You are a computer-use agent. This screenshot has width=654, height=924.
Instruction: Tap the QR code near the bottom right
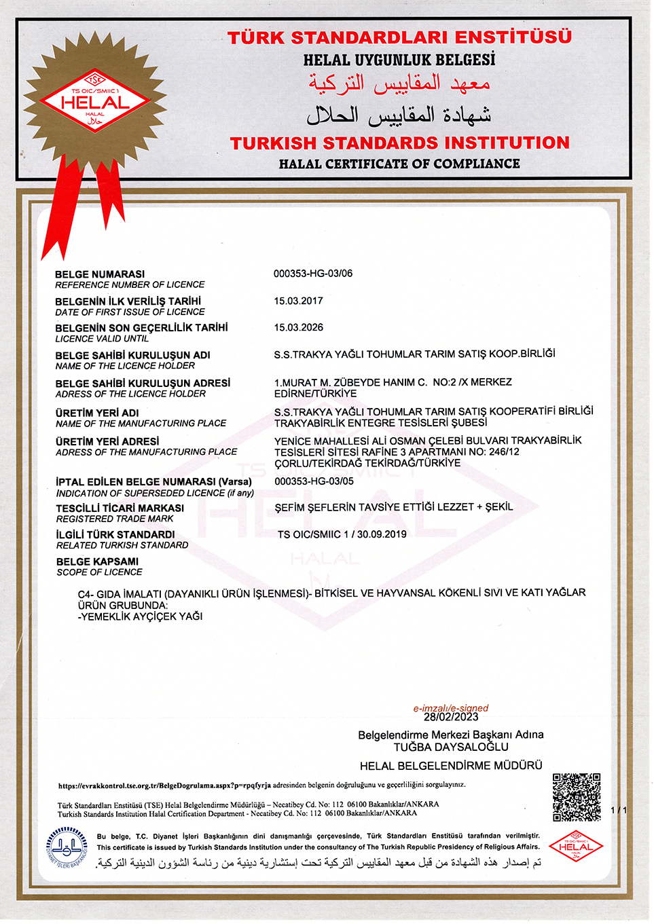click(576, 797)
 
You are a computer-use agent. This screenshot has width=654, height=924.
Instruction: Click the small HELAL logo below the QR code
click(576, 846)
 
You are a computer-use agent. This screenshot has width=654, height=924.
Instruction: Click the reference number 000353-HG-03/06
click(313, 274)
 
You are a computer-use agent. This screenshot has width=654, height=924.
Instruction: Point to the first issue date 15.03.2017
click(298, 301)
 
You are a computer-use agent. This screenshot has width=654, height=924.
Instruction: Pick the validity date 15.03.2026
click(298, 327)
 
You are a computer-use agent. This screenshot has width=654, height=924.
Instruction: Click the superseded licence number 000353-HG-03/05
click(314, 481)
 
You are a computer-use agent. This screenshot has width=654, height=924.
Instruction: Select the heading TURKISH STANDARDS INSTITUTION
click(399, 143)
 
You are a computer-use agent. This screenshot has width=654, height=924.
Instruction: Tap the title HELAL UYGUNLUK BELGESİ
click(399, 60)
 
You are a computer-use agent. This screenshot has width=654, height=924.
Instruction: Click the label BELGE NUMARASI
click(100, 274)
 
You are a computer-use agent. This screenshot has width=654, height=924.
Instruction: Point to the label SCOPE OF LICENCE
click(99, 572)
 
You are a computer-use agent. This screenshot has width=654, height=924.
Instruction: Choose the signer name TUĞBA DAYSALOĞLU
click(451, 747)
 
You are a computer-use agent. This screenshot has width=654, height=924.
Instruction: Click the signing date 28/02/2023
click(451, 717)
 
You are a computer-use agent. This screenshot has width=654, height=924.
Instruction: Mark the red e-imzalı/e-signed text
click(451, 708)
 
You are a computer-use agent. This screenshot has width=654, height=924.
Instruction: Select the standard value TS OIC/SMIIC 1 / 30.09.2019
click(342, 534)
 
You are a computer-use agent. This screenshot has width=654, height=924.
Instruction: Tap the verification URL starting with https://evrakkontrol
click(164, 786)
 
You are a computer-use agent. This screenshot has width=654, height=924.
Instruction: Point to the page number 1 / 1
click(619, 810)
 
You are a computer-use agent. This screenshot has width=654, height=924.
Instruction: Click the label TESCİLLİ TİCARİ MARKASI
click(120, 508)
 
